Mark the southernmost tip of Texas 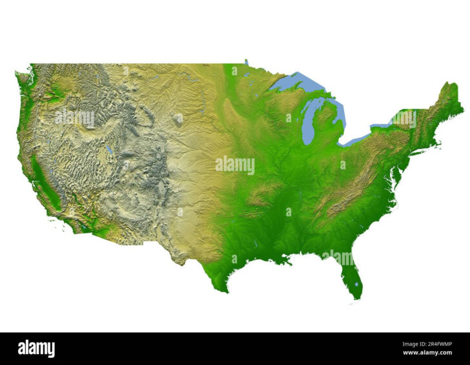pos(225,291)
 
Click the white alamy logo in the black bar pos(36,349)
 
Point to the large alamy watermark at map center pos(235,165)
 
